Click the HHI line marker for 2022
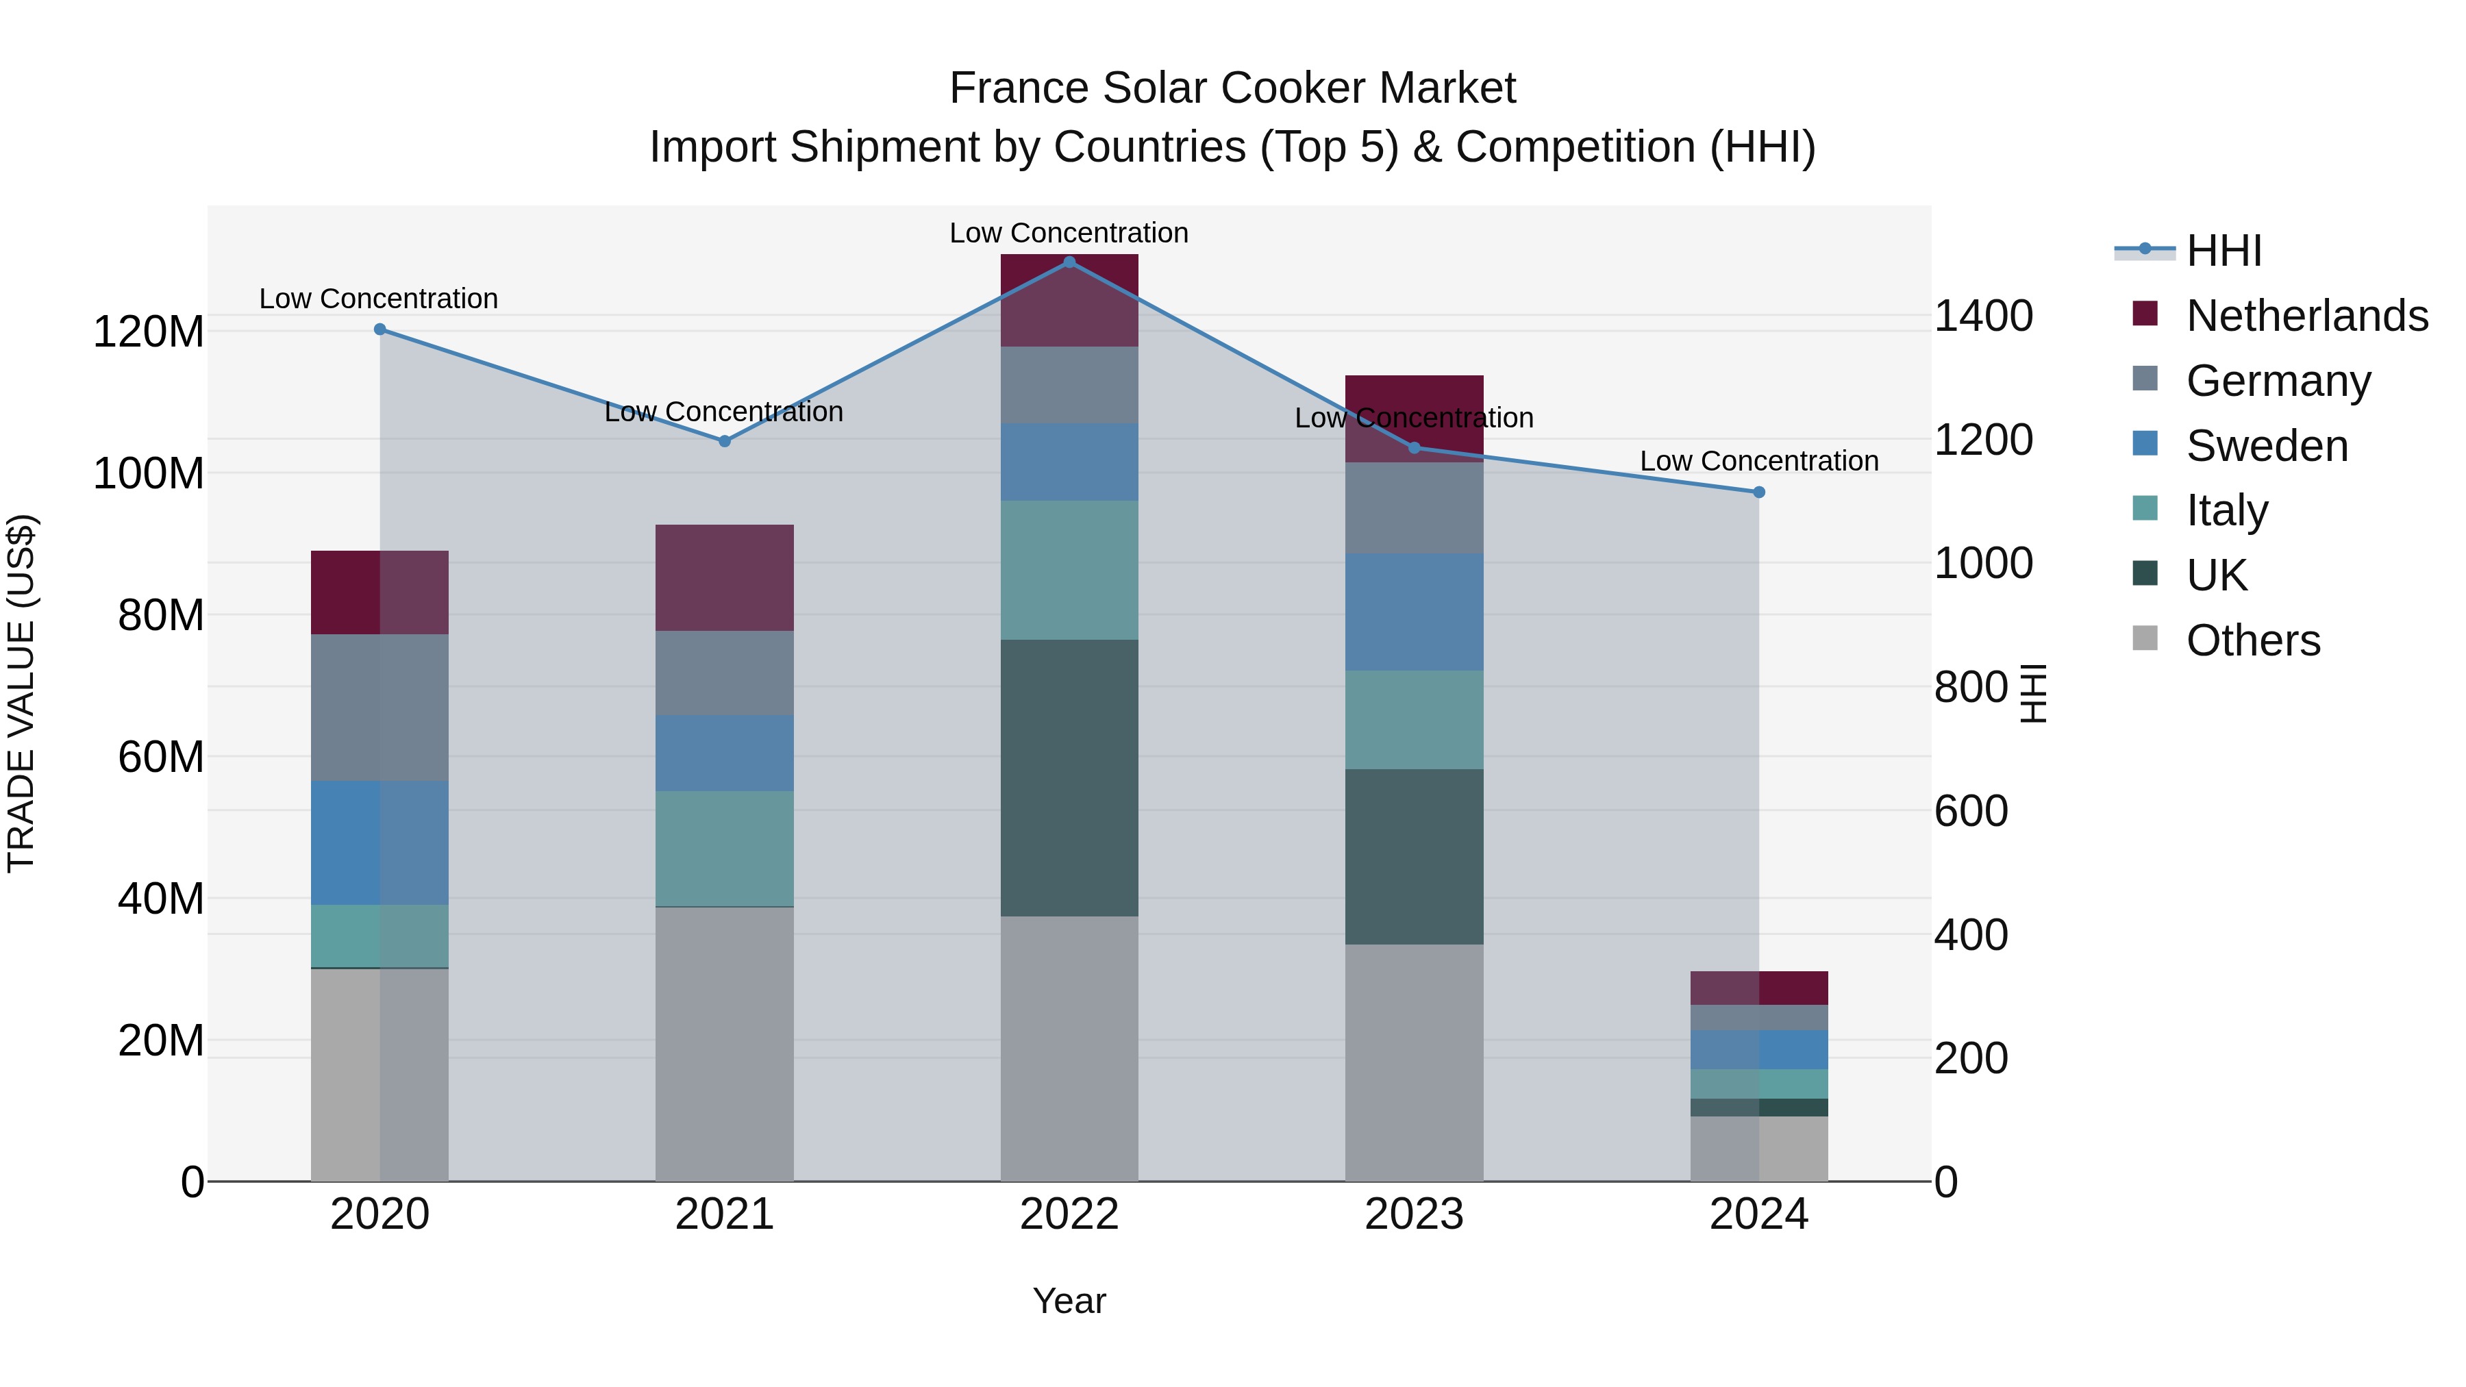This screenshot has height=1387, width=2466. point(1069,262)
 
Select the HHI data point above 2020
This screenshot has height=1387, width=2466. point(380,329)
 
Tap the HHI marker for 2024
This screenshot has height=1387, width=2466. point(1758,492)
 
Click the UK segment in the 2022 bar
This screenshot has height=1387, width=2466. point(1069,777)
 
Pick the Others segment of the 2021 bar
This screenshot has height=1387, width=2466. point(725,1043)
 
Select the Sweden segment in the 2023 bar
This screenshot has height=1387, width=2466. point(1414,612)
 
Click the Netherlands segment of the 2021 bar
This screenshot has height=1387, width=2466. point(725,577)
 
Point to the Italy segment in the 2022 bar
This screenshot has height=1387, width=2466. point(1069,570)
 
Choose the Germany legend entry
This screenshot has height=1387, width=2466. point(2278,381)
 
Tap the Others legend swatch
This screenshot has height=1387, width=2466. point(2145,638)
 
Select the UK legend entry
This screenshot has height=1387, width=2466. point(2216,575)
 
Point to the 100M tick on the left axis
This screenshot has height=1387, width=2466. point(149,474)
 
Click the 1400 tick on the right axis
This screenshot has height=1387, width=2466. point(1984,316)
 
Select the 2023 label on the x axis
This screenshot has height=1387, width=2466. point(1414,1214)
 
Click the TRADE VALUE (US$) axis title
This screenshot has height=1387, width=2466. point(21,693)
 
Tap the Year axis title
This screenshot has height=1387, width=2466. point(1069,1301)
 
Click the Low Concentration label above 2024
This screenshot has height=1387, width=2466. point(1758,462)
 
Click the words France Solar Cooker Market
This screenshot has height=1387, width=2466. point(1232,88)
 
